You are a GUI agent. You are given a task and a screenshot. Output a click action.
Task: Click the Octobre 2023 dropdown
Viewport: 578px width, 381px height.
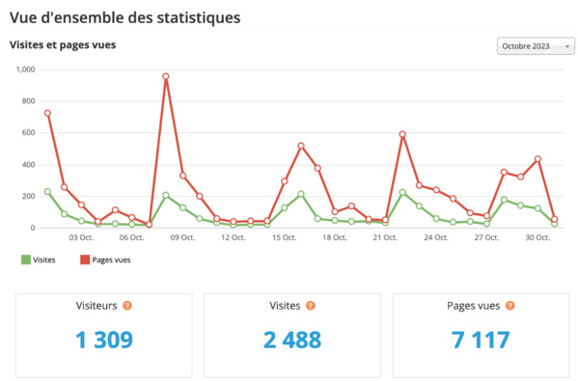click(x=536, y=46)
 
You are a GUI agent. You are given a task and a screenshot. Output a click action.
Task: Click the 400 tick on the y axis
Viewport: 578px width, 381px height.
click(x=28, y=165)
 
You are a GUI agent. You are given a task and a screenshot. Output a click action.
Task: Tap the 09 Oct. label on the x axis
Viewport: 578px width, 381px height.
click(x=182, y=237)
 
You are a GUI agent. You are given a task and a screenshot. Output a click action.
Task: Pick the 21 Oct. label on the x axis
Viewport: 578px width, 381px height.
click(x=385, y=237)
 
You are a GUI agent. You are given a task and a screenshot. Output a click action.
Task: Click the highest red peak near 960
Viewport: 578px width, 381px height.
click(x=166, y=76)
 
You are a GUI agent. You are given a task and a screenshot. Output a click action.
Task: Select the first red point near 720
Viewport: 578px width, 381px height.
click(x=47, y=113)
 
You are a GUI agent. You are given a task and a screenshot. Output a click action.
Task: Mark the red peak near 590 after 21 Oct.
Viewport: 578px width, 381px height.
click(x=402, y=134)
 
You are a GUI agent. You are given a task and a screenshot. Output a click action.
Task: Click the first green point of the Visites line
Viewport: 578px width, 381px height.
click(x=47, y=192)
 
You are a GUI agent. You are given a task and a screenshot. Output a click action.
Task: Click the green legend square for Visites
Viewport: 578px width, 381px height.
click(x=24, y=259)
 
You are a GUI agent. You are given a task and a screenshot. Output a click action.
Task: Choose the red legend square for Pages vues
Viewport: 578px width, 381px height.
click(x=84, y=259)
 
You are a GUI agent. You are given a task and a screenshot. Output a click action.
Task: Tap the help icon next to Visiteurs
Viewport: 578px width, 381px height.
click(x=127, y=306)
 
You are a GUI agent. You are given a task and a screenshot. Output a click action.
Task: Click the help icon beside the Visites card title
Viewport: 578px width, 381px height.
click(x=311, y=306)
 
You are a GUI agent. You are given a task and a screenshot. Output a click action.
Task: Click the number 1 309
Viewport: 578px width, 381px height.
click(x=103, y=339)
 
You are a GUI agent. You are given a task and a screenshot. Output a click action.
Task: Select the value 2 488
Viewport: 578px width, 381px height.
click(x=292, y=339)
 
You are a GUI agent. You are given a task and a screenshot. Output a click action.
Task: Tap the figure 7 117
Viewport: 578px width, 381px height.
click(x=481, y=339)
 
